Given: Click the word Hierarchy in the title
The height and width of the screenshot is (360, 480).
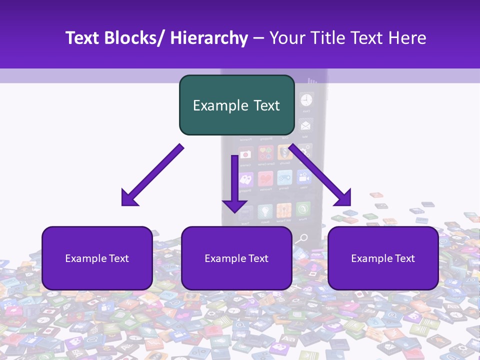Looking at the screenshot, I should coord(209,38).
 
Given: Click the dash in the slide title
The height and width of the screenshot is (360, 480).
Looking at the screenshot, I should coord(258,39).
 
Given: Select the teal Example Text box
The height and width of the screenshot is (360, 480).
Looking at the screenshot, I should coord(236,105).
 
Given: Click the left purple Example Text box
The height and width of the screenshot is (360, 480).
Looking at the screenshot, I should coord(97,258).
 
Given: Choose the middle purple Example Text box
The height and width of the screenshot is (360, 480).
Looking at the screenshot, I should coord(236,258).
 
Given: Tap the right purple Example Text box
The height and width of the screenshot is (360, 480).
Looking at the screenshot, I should coord(383,258).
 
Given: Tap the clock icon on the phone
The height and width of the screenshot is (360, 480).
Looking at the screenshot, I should coord(306,99).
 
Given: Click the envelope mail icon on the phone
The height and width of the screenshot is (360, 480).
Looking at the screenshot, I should coord(305,124).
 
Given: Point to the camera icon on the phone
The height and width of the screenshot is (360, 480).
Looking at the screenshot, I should coord(245,155).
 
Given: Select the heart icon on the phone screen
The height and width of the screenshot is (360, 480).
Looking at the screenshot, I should coord(265,178).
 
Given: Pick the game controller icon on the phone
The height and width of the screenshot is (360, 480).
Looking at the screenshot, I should coord(284,178).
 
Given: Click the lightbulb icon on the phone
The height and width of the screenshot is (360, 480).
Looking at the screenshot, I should coord(264,210).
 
